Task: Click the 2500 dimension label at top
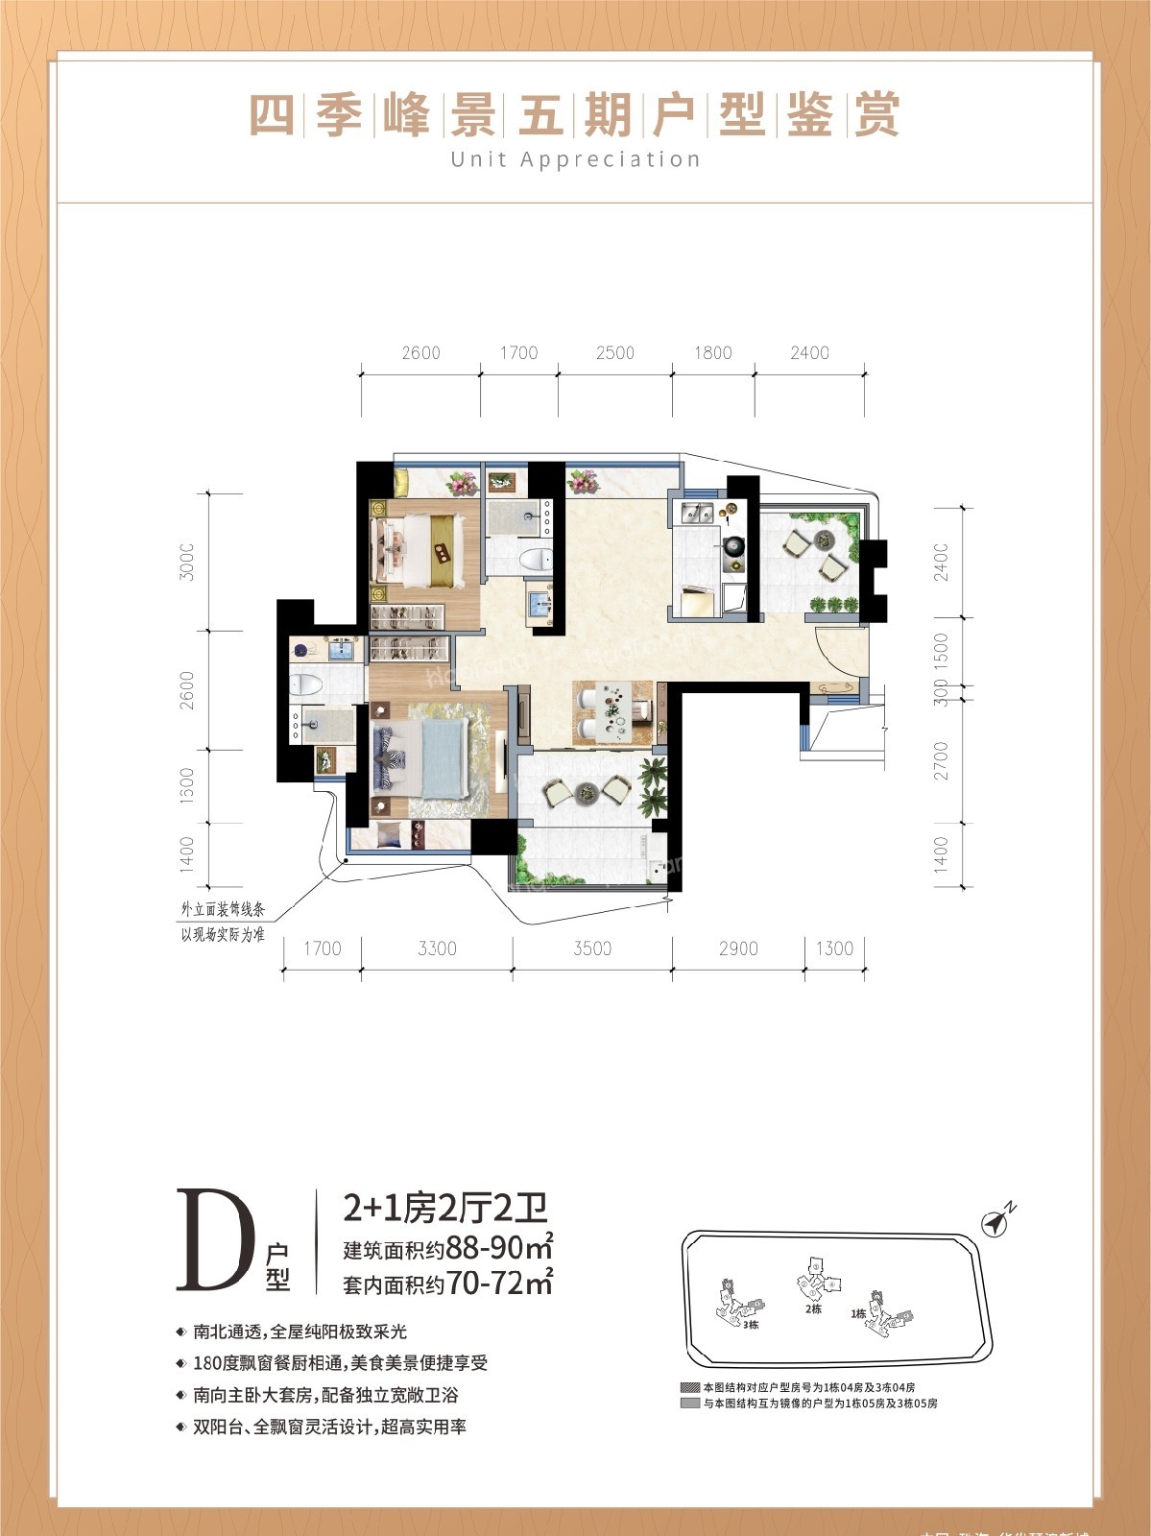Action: pyautogui.click(x=614, y=352)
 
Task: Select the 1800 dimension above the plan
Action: pyautogui.click(x=712, y=352)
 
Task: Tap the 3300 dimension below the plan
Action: pyautogui.click(x=437, y=948)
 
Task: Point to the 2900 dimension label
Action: pyautogui.click(x=737, y=948)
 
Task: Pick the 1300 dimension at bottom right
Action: pyautogui.click(x=833, y=948)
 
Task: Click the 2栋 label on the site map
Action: pyautogui.click(x=813, y=1308)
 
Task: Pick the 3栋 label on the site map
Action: pyautogui.click(x=751, y=1324)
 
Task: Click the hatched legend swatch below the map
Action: pyautogui.click(x=688, y=1388)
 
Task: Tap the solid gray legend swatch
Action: pyautogui.click(x=688, y=1404)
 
